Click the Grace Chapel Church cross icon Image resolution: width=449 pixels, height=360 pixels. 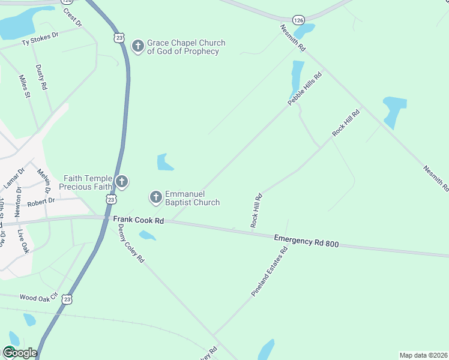pyautogui.click(x=138, y=46)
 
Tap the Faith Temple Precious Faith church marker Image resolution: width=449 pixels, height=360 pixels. pyautogui.click(x=122, y=181)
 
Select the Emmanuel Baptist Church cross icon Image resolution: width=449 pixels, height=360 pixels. pyautogui.click(x=155, y=197)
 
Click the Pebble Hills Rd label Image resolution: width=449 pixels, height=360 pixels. pyautogui.click(x=305, y=89)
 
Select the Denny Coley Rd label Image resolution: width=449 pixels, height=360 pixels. pyautogui.click(x=131, y=245)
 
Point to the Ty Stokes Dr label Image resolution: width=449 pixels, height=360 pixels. pyautogui.click(x=40, y=40)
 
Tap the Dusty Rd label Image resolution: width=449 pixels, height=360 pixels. pyautogui.click(x=41, y=77)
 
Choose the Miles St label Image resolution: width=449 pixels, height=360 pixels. pyautogui.click(x=24, y=86)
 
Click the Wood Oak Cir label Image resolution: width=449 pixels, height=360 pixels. pyautogui.click(x=38, y=296)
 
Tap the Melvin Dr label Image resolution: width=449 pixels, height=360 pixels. pyautogui.click(x=43, y=179)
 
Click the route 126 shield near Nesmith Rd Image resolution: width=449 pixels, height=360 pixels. pyautogui.click(x=299, y=20)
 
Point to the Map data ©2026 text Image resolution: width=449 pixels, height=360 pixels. pyautogui.click(x=423, y=355)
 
